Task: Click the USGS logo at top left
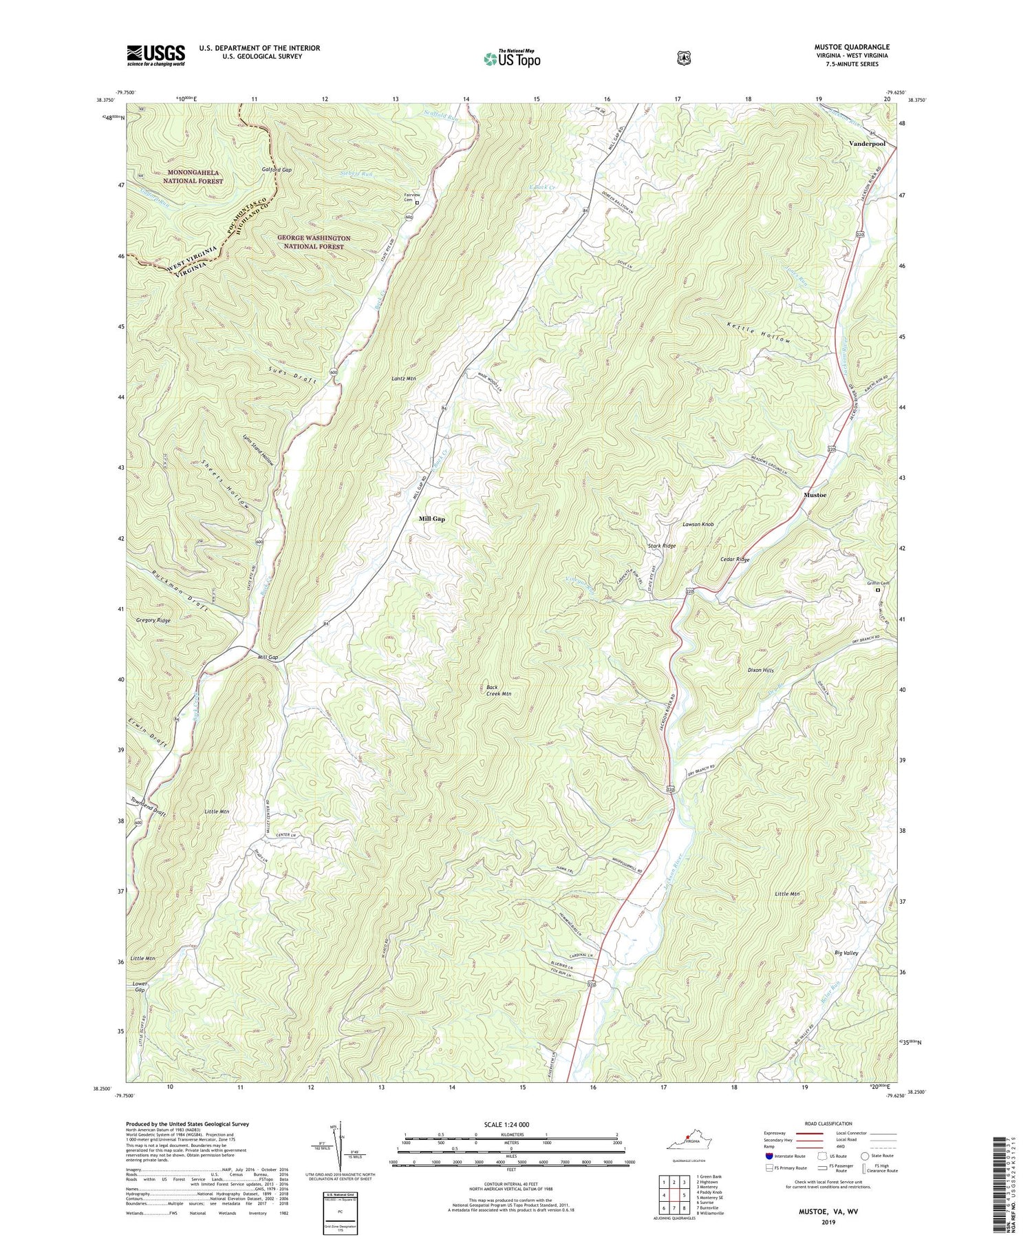pyautogui.click(x=155, y=55)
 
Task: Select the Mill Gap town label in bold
pyautogui.click(x=432, y=519)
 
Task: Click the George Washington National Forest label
pyautogui.click(x=314, y=242)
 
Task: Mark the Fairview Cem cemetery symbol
pyautogui.click(x=417, y=203)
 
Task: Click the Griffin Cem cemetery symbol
pyautogui.click(x=877, y=590)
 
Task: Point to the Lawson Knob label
pyautogui.click(x=698, y=525)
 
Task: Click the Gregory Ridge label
pyautogui.click(x=153, y=620)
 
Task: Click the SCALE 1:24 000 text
pyautogui.click(x=509, y=1124)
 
